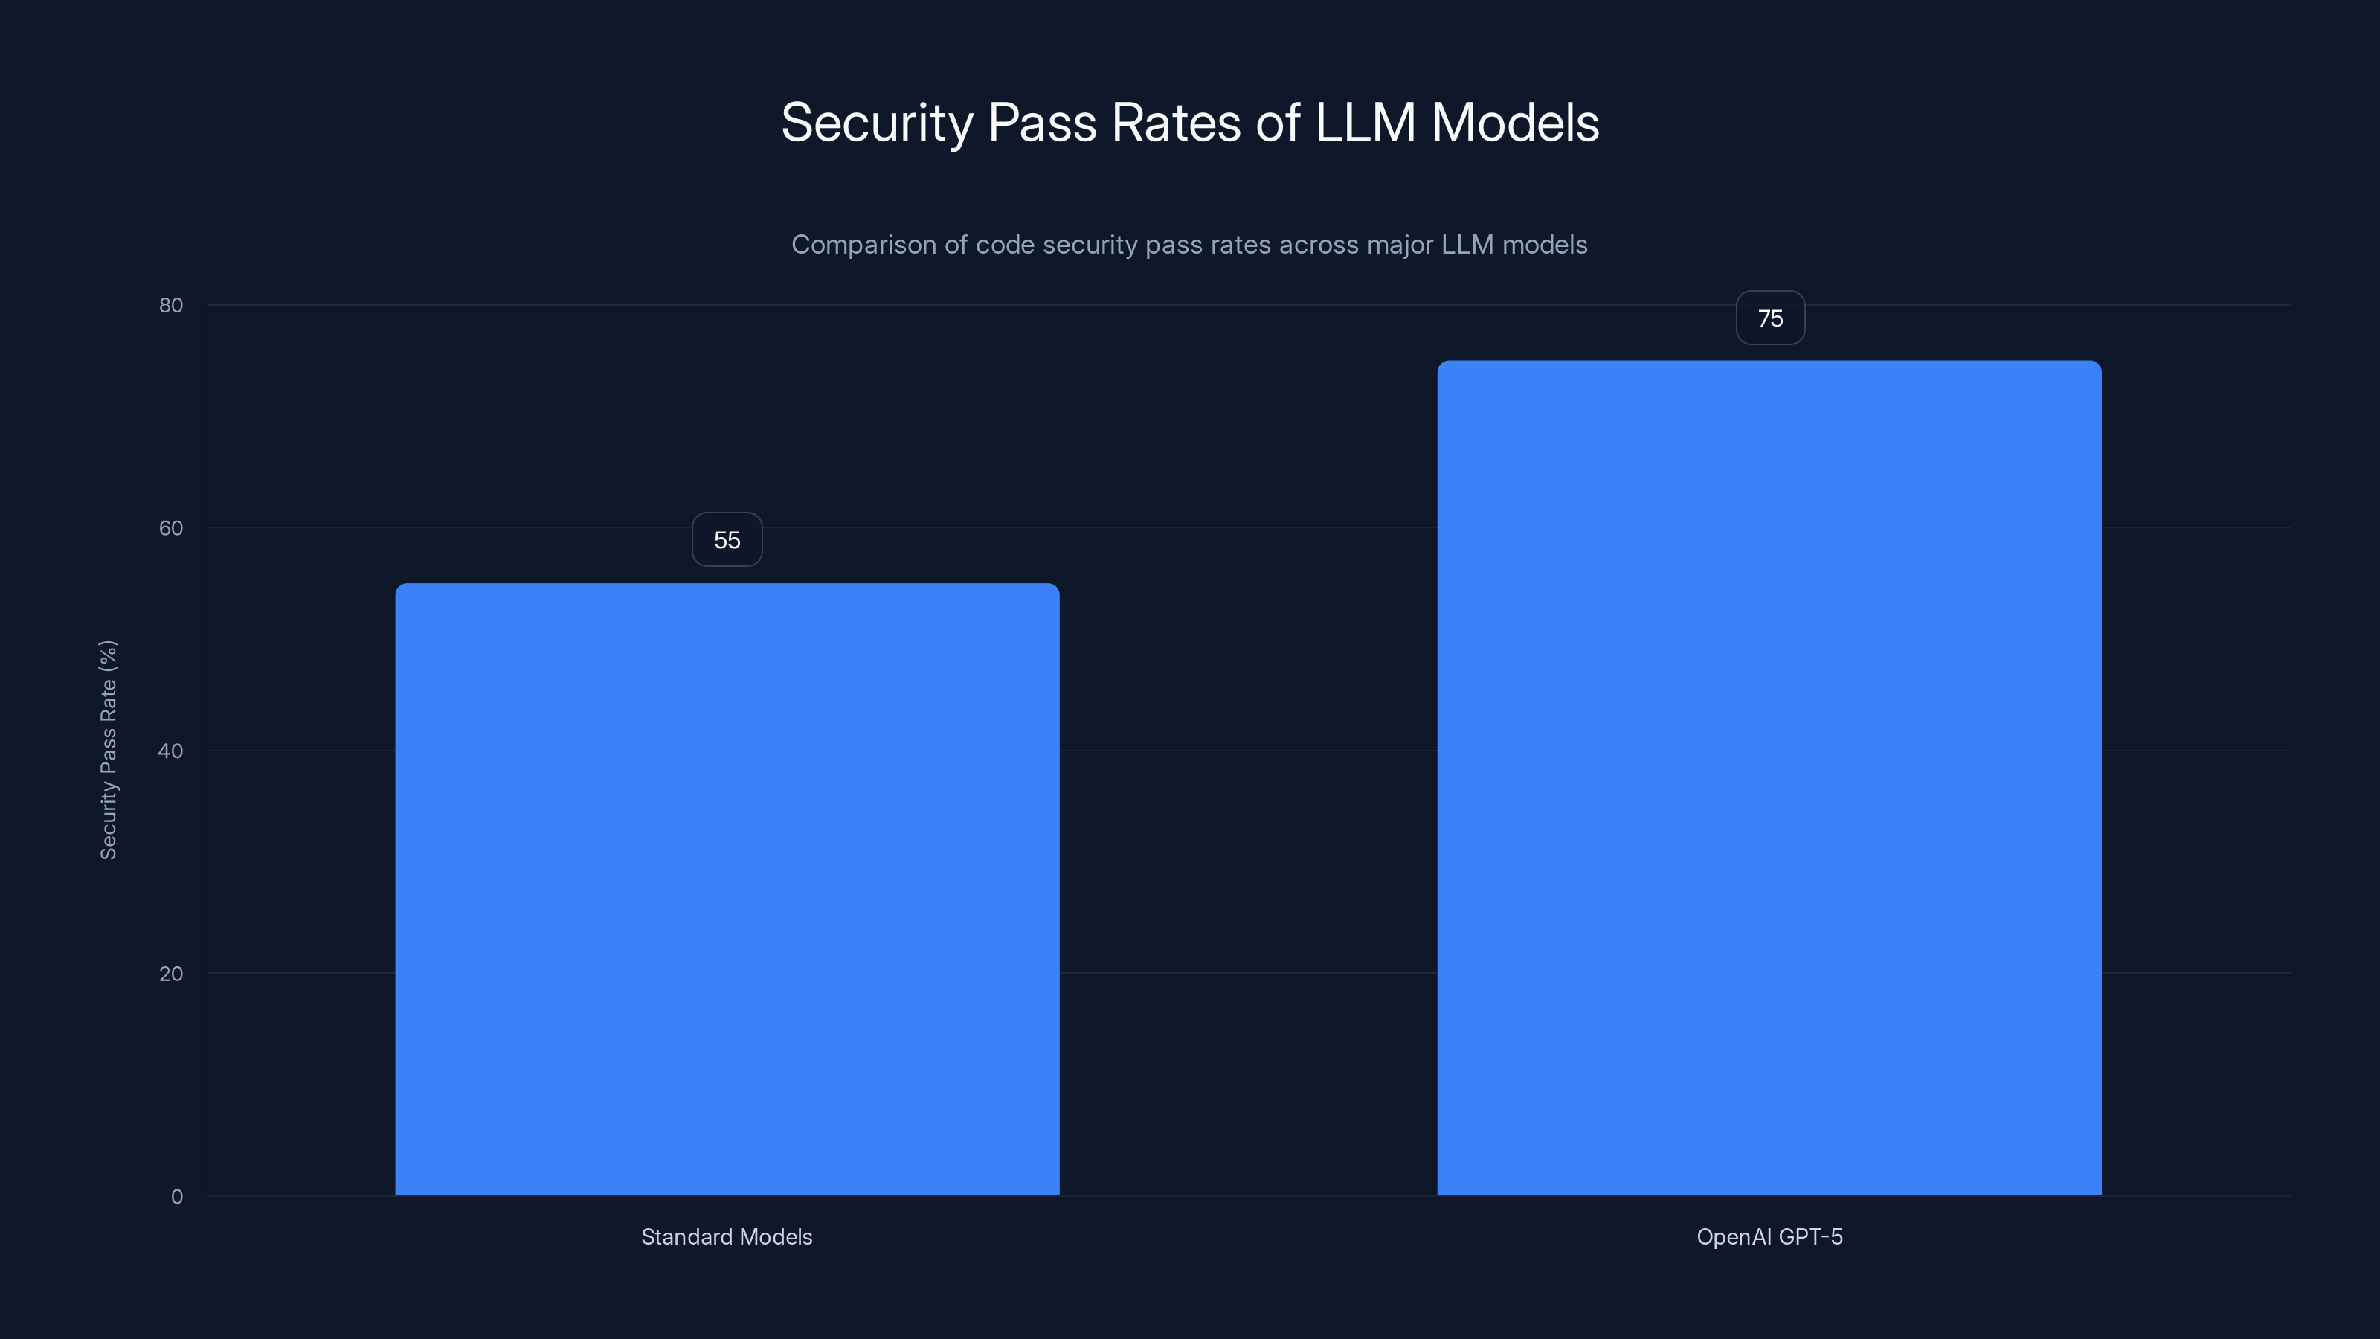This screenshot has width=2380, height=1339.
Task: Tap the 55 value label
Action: point(727,539)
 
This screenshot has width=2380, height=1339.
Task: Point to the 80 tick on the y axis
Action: point(171,306)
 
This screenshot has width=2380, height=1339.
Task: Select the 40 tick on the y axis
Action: point(171,751)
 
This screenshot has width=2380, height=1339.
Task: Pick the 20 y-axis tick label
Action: point(171,974)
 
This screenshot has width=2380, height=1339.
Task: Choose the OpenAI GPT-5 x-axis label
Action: point(1769,1236)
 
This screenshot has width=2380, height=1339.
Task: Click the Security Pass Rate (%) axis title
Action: point(108,749)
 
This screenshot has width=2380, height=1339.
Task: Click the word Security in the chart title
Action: point(877,123)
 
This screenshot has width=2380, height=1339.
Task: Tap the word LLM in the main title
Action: point(1365,123)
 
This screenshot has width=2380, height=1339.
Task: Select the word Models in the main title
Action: point(1515,123)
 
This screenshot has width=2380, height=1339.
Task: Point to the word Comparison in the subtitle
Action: point(863,245)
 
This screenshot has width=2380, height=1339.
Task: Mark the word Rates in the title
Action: point(1176,123)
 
